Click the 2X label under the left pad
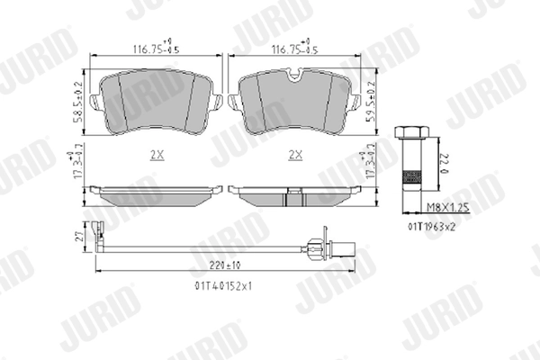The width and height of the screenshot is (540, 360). [157, 155]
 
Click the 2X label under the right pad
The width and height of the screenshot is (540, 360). [294, 155]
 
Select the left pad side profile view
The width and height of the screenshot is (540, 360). [158, 192]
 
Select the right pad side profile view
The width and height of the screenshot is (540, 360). [294, 192]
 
